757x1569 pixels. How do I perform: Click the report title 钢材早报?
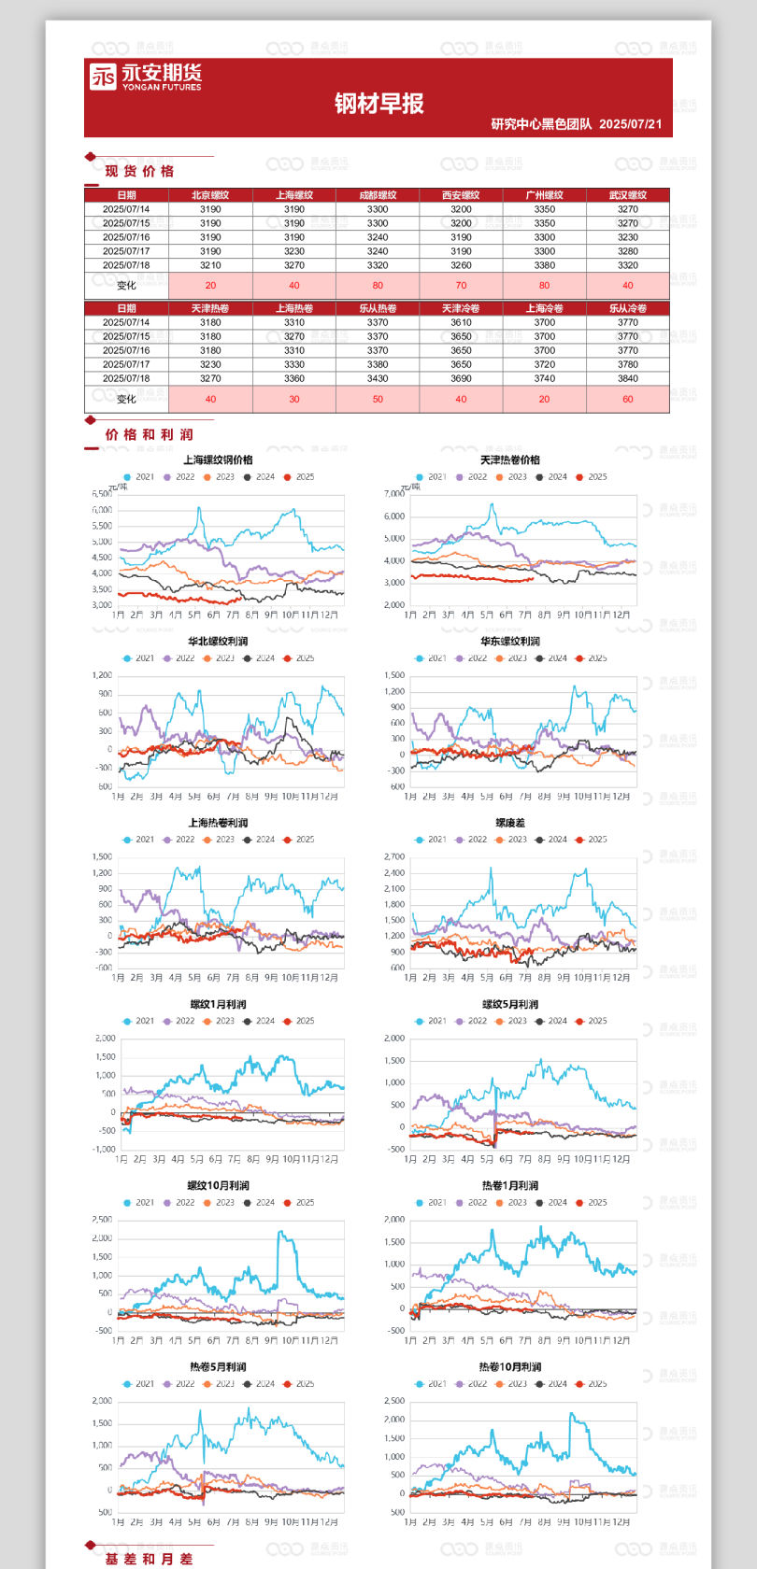pos(379,104)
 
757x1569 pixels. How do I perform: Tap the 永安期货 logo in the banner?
pos(146,77)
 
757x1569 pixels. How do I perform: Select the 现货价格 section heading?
pos(139,171)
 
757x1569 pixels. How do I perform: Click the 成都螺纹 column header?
pos(378,195)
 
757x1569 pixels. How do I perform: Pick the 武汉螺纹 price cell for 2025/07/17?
pos(627,251)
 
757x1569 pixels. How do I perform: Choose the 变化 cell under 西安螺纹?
pos(461,286)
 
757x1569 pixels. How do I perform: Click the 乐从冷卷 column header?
pos(627,308)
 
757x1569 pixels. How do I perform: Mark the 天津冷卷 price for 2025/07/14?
pos(461,322)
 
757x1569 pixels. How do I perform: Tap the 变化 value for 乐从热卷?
pos(378,399)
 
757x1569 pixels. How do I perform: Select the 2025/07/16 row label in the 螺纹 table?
pos(126,237)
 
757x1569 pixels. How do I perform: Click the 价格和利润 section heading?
pos(149,434)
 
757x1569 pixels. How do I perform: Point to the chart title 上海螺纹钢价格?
pos(218,459)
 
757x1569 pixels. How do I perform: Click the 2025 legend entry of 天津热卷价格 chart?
pos(592,477)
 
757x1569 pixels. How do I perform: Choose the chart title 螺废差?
pos(510,823)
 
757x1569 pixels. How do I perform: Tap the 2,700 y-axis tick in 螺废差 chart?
pos(394,856)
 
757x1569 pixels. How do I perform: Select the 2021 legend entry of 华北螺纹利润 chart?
pos(139,658)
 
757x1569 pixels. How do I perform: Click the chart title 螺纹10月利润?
pos(218,1185)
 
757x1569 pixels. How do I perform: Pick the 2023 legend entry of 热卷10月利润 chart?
pos(511,1384)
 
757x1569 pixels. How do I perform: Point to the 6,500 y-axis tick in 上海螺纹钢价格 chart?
pos(102,494)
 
